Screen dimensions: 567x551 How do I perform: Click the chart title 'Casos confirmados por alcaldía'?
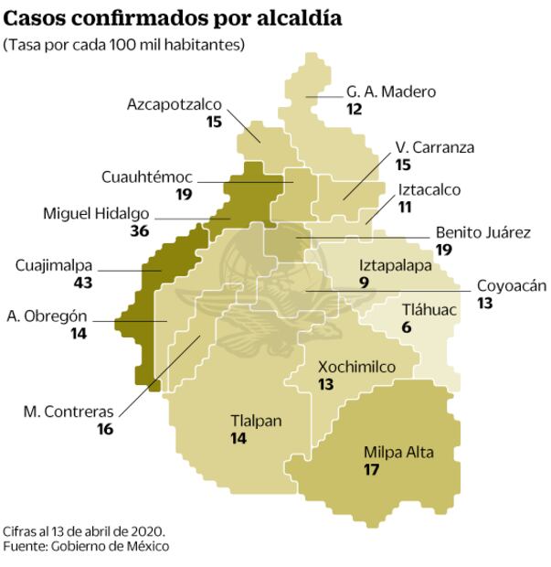pos(175,17)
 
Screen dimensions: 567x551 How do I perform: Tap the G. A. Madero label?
pos(391,91)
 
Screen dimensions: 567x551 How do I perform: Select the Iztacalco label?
pos(429,190)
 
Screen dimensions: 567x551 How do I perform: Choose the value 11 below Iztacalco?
pos(406,207)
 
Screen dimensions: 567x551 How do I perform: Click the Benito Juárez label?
pos(482,232)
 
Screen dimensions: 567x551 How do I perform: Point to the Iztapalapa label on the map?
pos(394,265)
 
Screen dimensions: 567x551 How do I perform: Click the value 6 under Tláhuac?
pos(407,327)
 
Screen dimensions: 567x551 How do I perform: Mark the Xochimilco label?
pos(356,367)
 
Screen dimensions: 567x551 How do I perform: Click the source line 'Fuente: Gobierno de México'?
pos(86,546)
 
